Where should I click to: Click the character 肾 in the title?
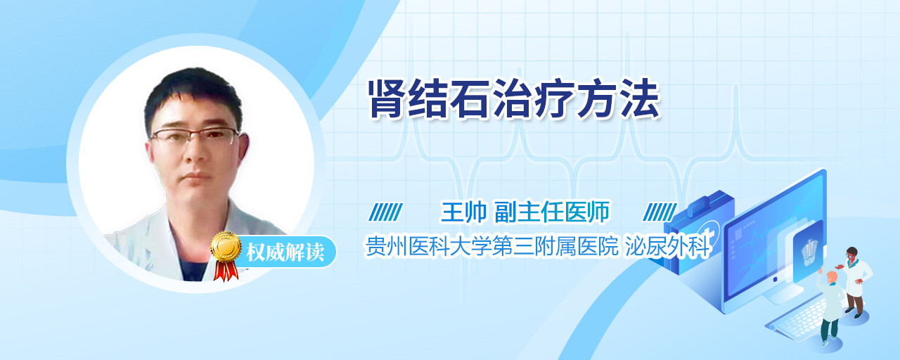point(387,99)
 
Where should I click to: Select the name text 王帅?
point(463,212)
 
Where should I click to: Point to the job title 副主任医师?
point(552,212)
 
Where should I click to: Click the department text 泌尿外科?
point(668,246)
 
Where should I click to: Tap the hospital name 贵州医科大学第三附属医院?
point(491,246)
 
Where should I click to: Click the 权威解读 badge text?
point(285,252)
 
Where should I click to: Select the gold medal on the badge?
point(226,246)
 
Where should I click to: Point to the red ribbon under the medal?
point(226,271)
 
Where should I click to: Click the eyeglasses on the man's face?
point(195,136)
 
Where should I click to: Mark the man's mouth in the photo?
point(196,176)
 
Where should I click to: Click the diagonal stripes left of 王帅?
point(386,212)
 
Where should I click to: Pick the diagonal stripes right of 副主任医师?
point(660,212)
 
